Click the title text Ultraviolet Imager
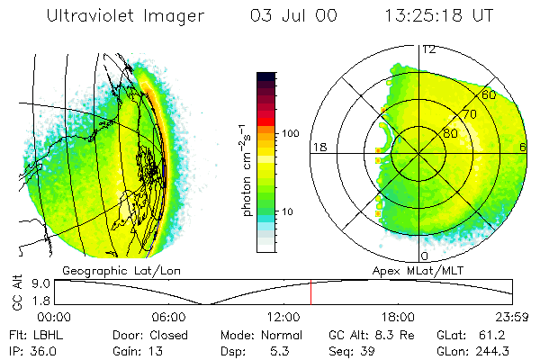pyautogui.click(x=126, y=16)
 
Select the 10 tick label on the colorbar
pyautogui.click(x=289, y=211)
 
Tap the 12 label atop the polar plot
pyautogui.click(x=429, y=49)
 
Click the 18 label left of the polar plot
pyautogui.click(x=317, y=147)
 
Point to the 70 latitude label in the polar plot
pyautogui.click(x=470, y=116)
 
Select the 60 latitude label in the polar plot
pyautogui.click(x=490, y=94)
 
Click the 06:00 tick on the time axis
pyautogui.click(x=169, y=317)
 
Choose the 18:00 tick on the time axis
pyautogui.click(x=398, y=317)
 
